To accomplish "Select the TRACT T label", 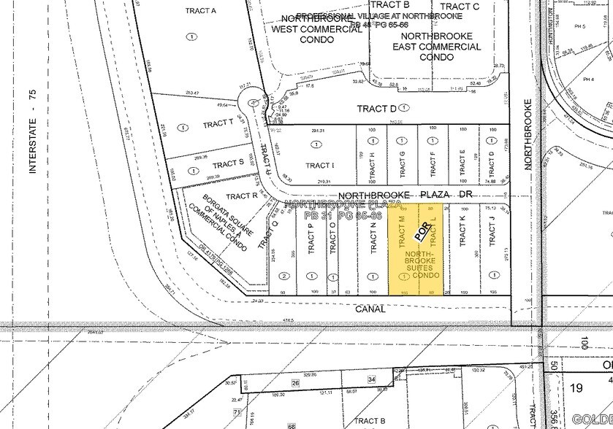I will (x=218, y=124).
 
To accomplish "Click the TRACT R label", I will (x=242, y=196).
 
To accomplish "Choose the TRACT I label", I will (x=319, y=166).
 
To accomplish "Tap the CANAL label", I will (x=371, y=309).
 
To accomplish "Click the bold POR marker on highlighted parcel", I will (x=422, y=231).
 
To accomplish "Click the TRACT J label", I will (x=492, y=233).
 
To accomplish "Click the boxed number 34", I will (x=371, y=380).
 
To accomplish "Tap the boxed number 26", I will (x=296, y=382).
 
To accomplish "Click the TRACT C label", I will (x=460, y=7).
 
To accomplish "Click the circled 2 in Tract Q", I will (x=283, y=276).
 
